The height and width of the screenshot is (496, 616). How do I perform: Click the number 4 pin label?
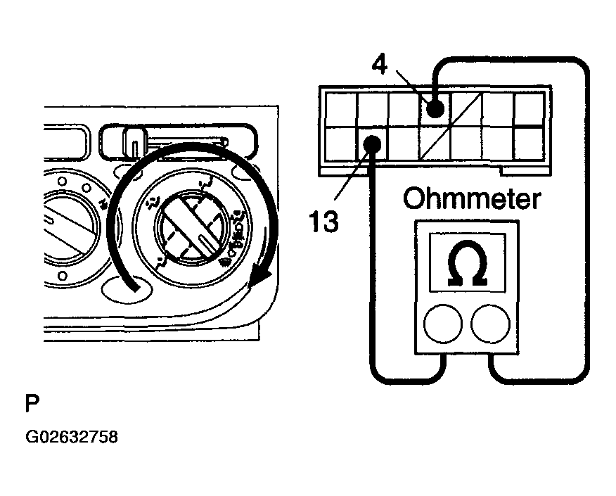coord(379,65)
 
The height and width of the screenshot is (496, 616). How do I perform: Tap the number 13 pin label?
coord(323,221)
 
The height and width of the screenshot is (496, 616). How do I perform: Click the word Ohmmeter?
coord(472,199)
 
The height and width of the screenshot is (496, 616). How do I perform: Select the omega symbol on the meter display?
coord(467,263)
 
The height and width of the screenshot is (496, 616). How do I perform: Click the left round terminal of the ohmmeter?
coord(443,324)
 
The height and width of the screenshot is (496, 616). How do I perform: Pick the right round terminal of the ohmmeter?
coord(490,324)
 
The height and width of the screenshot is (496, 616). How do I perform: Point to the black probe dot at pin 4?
coord(435,108)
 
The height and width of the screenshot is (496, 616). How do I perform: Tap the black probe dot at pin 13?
coord(372,144)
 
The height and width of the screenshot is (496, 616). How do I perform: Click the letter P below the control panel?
coord(32,403)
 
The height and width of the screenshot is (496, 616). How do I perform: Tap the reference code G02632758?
coord(72,437)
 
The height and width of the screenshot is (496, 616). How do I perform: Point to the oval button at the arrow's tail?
coord(126,289)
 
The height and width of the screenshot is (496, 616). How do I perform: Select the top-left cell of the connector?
coord(341,109)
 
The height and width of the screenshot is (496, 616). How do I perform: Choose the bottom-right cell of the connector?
coord(529,144)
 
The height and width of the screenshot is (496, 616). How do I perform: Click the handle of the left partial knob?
coord(67,226)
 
